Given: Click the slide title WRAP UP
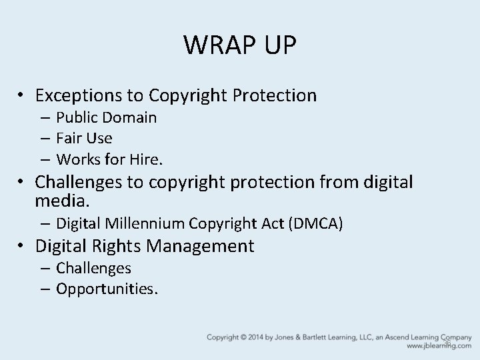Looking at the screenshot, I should pos(240,45).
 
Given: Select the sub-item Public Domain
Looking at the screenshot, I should pos(107,118).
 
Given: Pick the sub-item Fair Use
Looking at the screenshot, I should pos(85,139).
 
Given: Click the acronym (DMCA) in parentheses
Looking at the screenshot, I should pos(315,223).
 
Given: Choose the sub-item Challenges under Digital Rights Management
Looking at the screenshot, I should pos(93,268).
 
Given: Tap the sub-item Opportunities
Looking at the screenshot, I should pos(107,289).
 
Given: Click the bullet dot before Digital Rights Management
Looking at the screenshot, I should pos(21,247).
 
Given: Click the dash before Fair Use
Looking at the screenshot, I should pos(44,139).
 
